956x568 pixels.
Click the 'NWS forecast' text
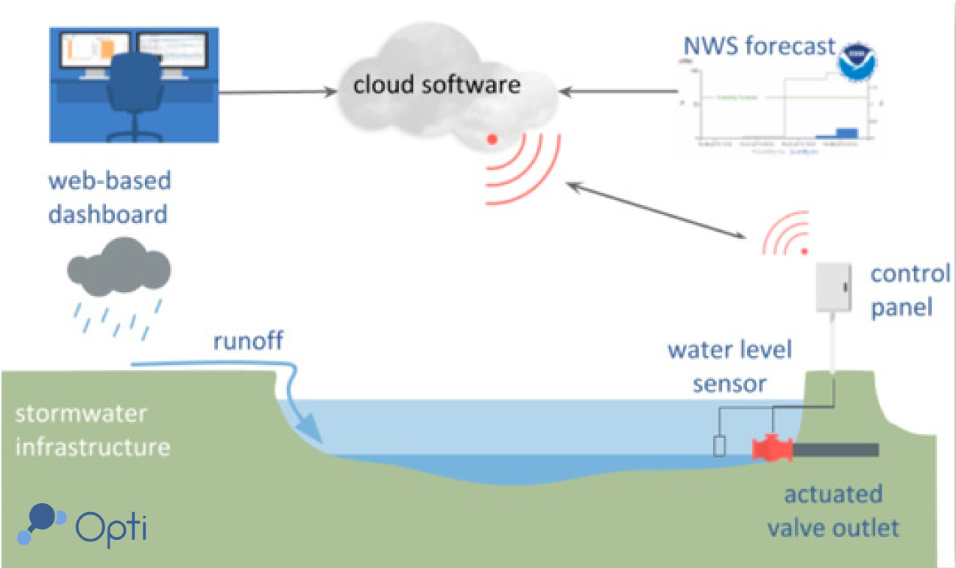coord(759,46)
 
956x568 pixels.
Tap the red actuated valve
coord(771,448)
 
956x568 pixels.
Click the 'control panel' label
coord(910,290)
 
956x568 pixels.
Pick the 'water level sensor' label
coord(729,366)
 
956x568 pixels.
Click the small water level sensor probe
coord(720,446)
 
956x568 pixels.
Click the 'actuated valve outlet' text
coord(832,511)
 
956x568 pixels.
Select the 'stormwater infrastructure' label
coord(93,430)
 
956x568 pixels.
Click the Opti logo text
coord(110,526)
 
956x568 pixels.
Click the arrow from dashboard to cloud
coord(275,93)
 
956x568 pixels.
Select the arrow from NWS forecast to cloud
coord(618,92)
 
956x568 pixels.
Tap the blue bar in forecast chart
coord(847,132)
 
